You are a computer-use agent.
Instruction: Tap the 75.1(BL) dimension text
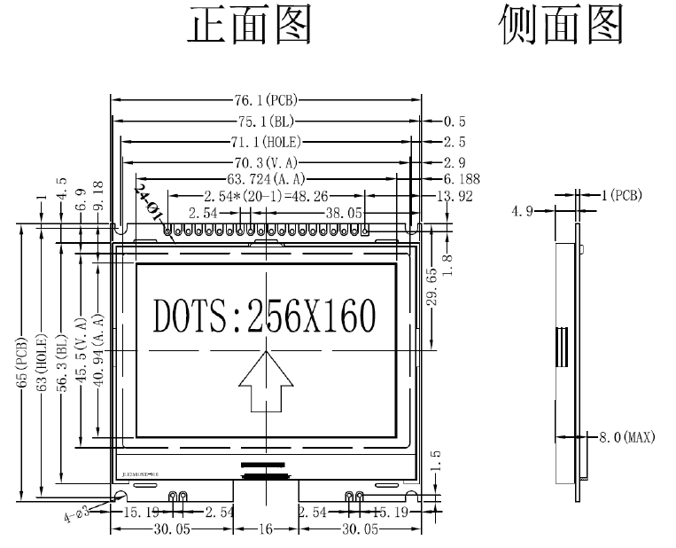(x=266, y=121)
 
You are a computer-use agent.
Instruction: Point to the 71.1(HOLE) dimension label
(x=266, y=141)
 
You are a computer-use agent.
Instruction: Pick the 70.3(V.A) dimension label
(x=266, y=161)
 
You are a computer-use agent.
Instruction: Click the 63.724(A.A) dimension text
(x=266, y=178)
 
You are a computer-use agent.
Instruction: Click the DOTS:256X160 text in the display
(x=264, y=316)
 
